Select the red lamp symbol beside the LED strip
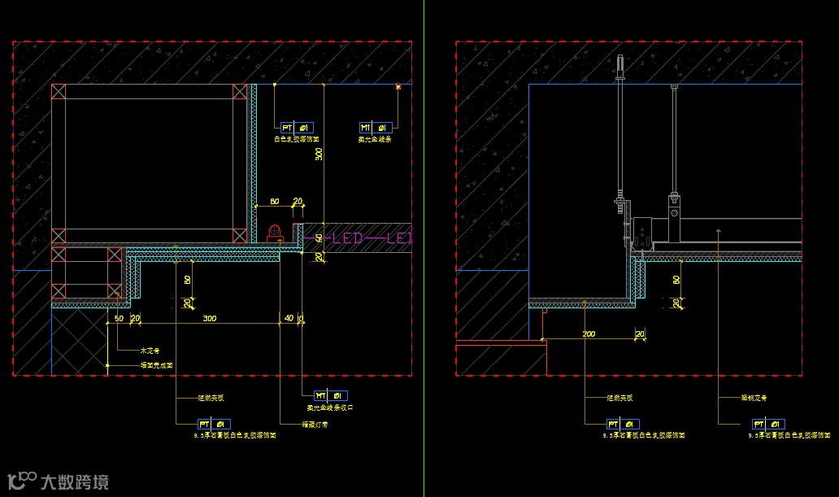click(x=274, y=233)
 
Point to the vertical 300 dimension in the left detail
click(x=320, y=154)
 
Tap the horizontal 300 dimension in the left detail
click(x=210, y=318)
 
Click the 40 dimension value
click(x=289, y=318)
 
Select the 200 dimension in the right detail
click(x=589, y=334)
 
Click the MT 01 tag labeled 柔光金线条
click(x=376, y=128)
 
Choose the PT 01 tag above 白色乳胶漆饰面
click(x=296, y=128)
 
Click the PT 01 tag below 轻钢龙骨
click(x=768, y=424)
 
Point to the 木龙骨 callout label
click(x=150, y=351)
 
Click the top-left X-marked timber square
click(x=58, y=90)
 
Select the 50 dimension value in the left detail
click(x=120, y=318)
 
